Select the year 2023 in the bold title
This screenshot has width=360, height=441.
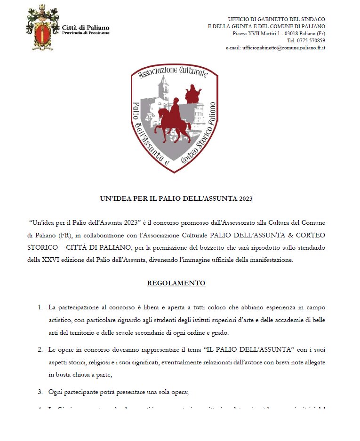tap(245, 199)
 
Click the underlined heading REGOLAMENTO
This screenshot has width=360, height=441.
tap(176, 283)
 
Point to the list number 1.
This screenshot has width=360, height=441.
tap(40, 307)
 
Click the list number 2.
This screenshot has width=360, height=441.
tap(40, 350)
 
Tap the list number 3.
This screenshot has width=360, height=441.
tap(40, 392)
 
